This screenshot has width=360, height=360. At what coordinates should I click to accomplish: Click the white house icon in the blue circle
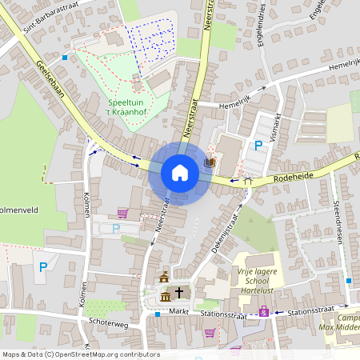180,172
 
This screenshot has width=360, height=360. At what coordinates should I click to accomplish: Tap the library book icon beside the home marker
210,163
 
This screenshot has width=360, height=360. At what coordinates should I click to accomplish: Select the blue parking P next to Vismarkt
258,146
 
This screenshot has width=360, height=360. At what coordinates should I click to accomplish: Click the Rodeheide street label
295,177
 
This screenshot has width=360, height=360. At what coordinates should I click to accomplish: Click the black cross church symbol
180,293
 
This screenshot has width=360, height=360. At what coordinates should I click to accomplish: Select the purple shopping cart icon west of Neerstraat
122,213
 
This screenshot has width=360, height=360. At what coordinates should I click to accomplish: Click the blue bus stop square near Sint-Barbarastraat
65,57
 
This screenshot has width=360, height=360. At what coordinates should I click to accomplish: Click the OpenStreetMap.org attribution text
104,354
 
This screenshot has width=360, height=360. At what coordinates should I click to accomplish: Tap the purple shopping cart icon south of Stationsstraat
210,333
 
